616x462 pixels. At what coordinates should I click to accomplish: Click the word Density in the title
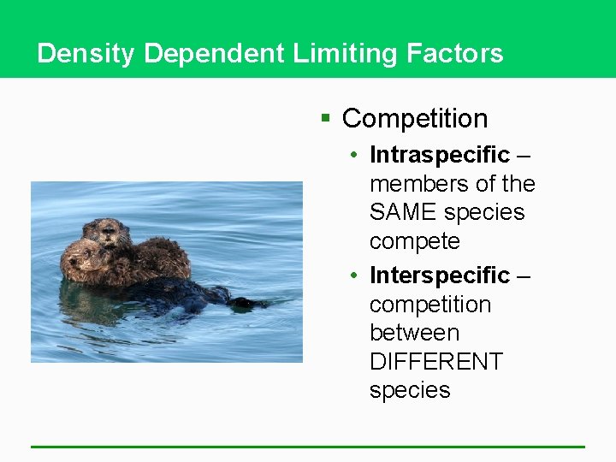coord(86,54)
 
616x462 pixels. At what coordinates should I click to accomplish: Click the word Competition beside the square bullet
coord(415,119)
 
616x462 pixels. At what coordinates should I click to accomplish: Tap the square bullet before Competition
coord(325,118)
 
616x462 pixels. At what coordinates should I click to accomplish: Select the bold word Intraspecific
coord(440,155)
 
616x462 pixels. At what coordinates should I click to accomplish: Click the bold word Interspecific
coord(440,275)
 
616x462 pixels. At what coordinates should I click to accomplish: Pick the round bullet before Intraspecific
coord(353,156)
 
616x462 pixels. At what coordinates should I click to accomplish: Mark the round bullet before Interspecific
coord(353,276)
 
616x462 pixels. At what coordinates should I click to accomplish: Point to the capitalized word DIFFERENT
coord(436,362)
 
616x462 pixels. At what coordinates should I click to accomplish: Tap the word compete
coord(414,242)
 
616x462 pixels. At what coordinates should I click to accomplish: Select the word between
coord(414,333)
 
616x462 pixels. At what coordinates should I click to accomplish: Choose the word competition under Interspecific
coord(429,305)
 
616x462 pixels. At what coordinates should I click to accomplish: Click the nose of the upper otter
coord(109,232)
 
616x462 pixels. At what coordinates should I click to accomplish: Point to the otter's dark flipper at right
coord(249,302)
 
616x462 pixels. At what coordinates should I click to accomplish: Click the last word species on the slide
coord(410,390)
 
